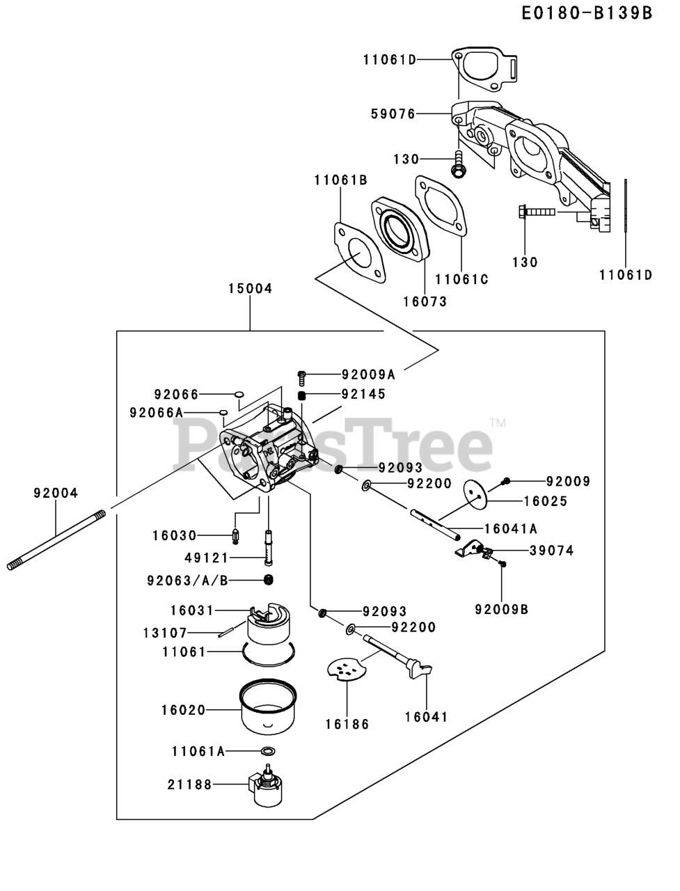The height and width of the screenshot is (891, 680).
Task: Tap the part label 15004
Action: click(x=249, y=288)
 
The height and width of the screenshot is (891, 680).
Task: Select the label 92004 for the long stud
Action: click(x=56, y=493)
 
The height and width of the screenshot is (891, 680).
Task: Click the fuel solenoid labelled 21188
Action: click(x=266, y=787)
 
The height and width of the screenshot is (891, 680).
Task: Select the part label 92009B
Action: click(x=502, y=609)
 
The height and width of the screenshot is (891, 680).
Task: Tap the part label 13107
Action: click(x=184, y=633)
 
